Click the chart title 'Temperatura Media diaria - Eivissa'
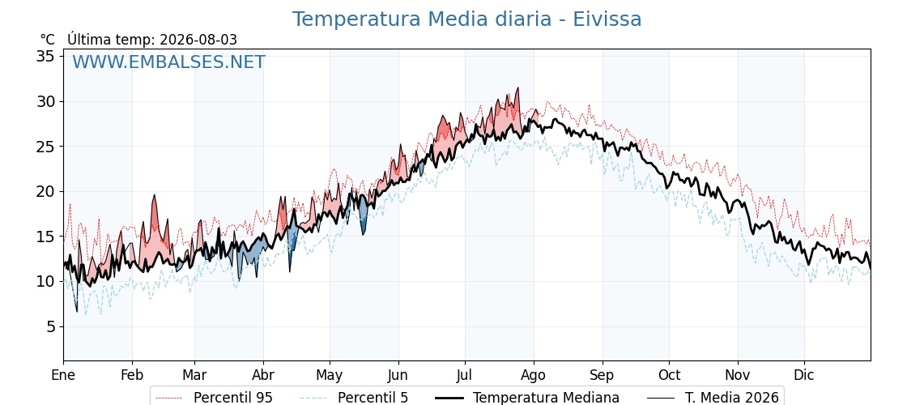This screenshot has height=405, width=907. click(466, 19)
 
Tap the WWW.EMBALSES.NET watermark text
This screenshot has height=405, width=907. click(168, 62)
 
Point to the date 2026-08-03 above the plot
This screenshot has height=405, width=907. click(198, 40)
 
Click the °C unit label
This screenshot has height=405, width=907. click(48, 40)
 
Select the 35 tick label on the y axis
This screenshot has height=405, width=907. click(45, 56)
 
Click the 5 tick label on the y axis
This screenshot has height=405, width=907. click(50, 327)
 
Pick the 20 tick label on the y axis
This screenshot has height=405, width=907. click(45, 191)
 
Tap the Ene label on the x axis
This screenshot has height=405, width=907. click(63, 376)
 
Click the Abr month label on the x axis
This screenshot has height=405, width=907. click(263, 376)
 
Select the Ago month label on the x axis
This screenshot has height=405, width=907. click(534, 376)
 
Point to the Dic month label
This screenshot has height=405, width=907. click(804, 376)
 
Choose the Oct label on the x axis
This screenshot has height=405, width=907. click(669, 376)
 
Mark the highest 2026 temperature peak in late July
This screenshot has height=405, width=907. click(517, 88)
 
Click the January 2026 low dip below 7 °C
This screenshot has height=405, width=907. click(76, 311)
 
